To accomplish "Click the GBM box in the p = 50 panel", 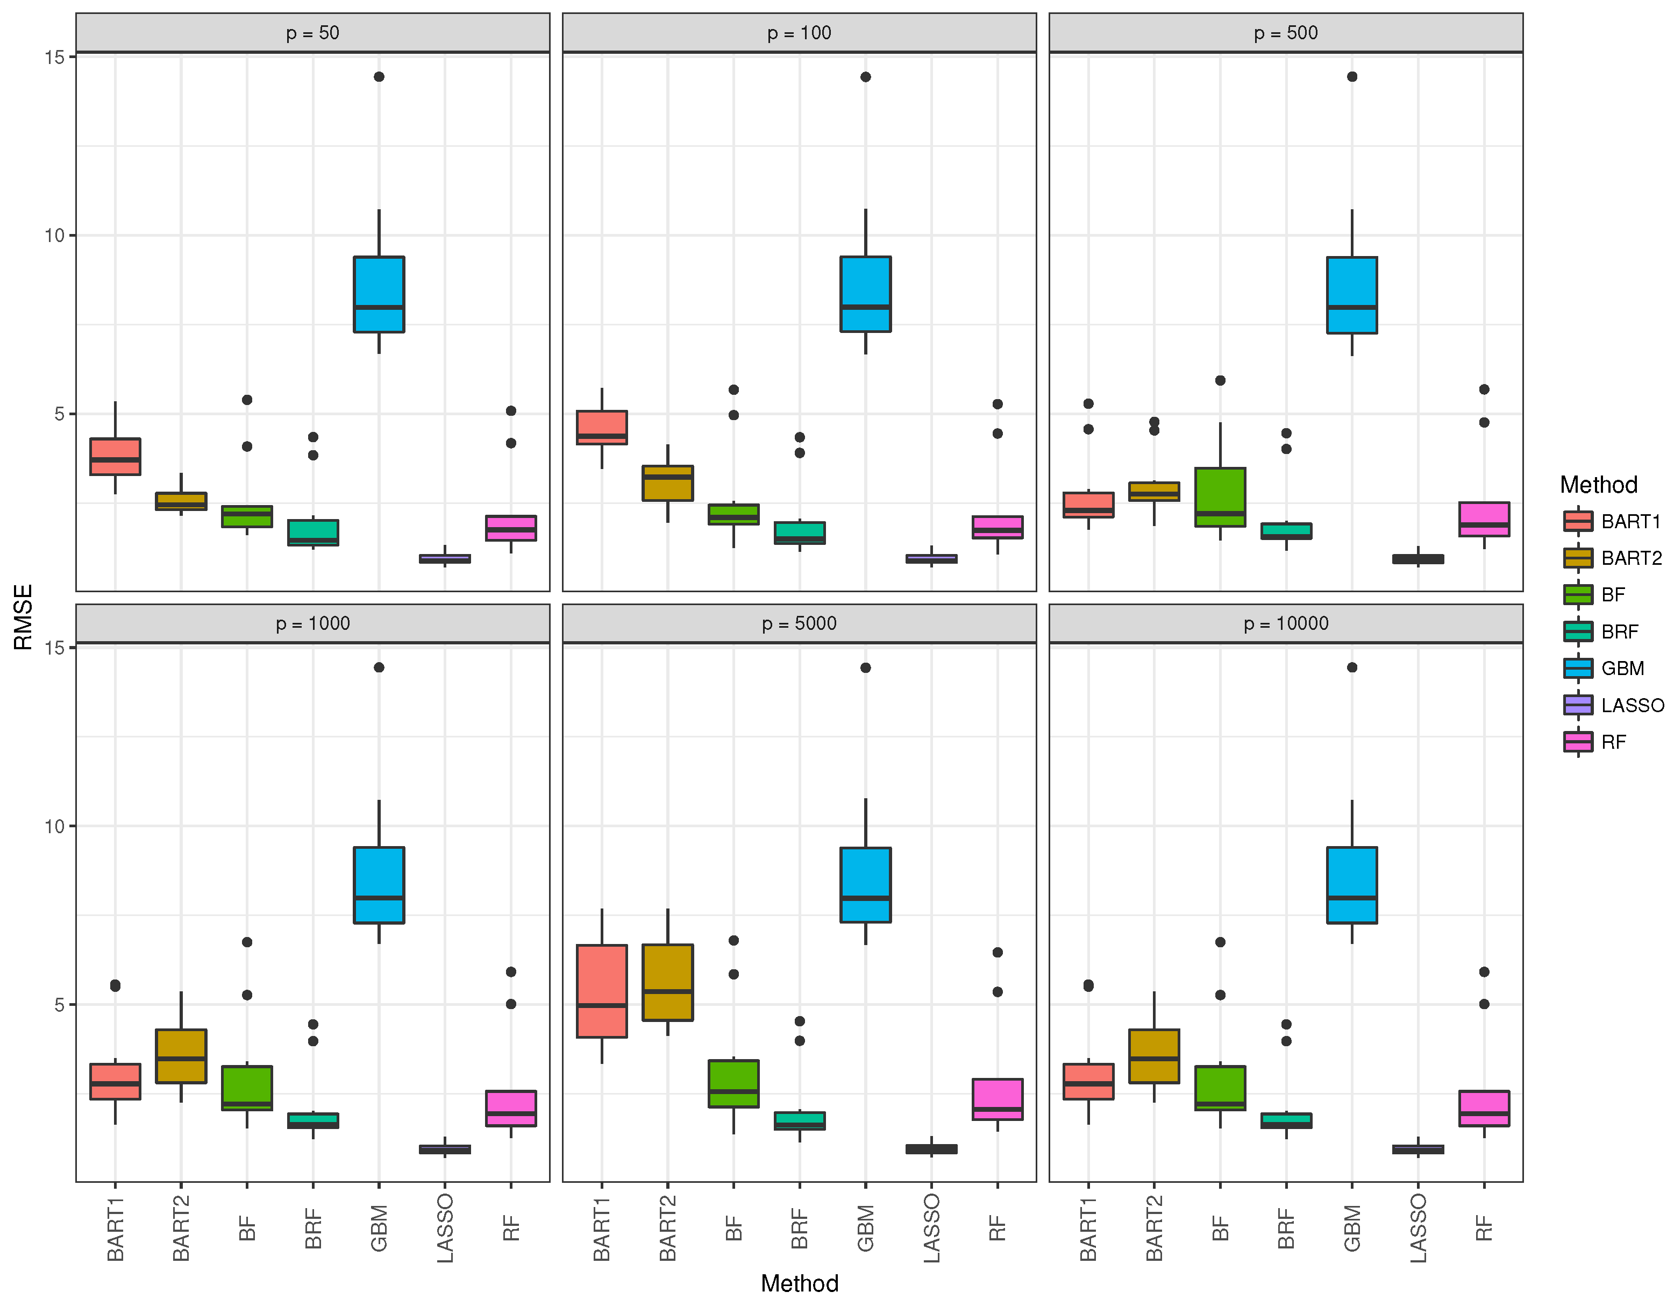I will tap(379, 294).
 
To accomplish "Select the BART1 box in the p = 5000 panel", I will tap(602, 991).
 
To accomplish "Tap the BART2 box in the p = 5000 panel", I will tap(667, 982).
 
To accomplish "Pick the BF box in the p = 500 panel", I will tap(1220, 497).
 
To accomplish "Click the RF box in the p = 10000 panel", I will tap(1484, 1108).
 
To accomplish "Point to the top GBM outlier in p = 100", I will tap(865, 77).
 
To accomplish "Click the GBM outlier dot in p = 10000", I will tap(1352, 667).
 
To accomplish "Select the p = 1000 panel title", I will tap(313, 623).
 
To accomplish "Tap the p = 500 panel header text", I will tap(1285, 33).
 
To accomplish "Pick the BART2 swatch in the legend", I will tap(1578, 557).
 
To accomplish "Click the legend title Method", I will tap(1598, 485).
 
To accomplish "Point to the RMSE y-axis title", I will tap(23, 617).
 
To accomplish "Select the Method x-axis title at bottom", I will tap(800, 1283).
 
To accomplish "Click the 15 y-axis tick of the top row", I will tap(54, 56).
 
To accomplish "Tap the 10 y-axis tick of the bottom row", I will tap(54, 826).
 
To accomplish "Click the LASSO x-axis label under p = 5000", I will tap(931, 1227).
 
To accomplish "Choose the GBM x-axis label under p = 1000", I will tap(379, 1227).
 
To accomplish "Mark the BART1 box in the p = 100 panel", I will tap(602, 428).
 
